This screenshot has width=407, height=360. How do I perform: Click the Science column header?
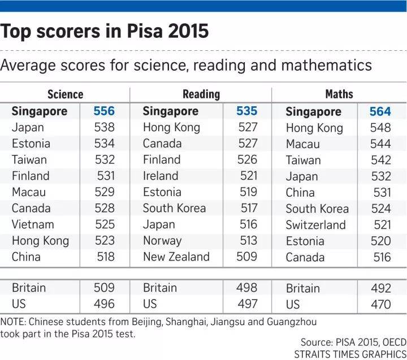coord(65,94)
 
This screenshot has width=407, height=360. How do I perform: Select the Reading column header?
coord(201,94)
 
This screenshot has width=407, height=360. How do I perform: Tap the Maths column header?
coord(339,94)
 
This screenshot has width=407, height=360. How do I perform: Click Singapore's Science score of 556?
coord(104,111)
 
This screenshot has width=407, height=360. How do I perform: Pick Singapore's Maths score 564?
coord(380,112)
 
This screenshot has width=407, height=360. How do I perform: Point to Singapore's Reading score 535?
coord(246,111)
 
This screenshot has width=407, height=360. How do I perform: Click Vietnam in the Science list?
coord(33,224)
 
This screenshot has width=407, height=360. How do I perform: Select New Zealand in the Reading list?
coord(176,257)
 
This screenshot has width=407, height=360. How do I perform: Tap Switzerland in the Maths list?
coord(315,225)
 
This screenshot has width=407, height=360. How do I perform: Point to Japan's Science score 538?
coord(104,127)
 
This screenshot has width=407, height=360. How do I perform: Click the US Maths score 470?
coord(380,305)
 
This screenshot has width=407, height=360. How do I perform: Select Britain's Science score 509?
coord(104,288)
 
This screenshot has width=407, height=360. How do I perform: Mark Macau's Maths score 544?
coord(380,144)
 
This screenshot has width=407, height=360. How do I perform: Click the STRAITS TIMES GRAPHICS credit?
coord(349,354)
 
